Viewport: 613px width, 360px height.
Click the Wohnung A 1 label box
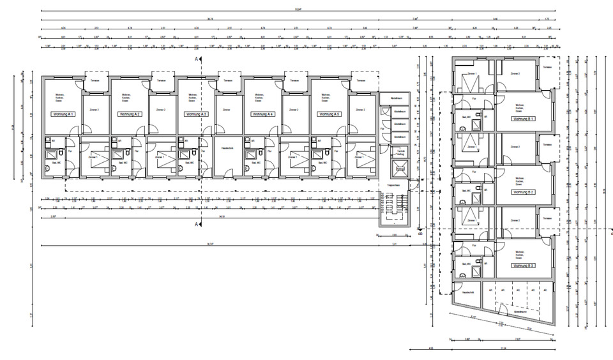coord(63,114)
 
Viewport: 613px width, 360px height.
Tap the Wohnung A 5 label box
coord(329,114)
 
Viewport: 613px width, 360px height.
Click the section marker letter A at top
coord(197,57)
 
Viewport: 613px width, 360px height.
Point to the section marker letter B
coord(420,234)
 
